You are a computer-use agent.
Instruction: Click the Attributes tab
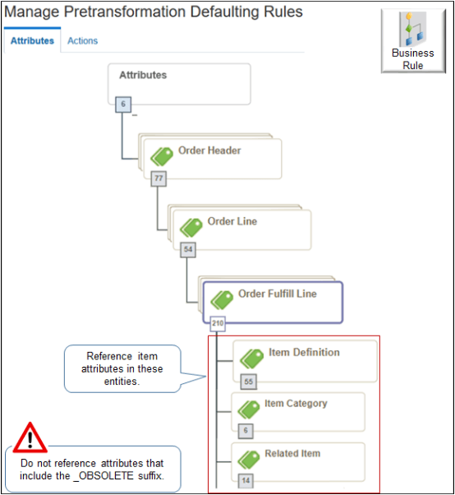(x=32, y=40)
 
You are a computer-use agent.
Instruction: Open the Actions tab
(x=82, y=40)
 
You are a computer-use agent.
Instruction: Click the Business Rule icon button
(x=412, y=41)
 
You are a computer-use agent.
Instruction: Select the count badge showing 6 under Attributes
(x=122, y=104)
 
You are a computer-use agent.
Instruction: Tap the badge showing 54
(x=188, y=247)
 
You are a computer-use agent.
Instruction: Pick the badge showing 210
(x=218, y=323)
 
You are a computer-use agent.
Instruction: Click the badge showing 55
(x=248, y=381)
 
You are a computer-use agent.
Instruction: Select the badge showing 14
(x=244, y=481)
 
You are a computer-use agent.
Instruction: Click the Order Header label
(x=209, y=150)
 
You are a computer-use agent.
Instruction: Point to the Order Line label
(x=232, y=221)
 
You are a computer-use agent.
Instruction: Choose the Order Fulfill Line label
(x=277, y=294)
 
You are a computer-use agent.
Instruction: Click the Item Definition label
(x=304, y=353)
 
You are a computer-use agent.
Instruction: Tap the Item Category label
(x=296, y=404)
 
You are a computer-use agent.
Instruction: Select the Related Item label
(x=292, y=454)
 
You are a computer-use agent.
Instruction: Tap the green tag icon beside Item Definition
(x=251, y=359)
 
